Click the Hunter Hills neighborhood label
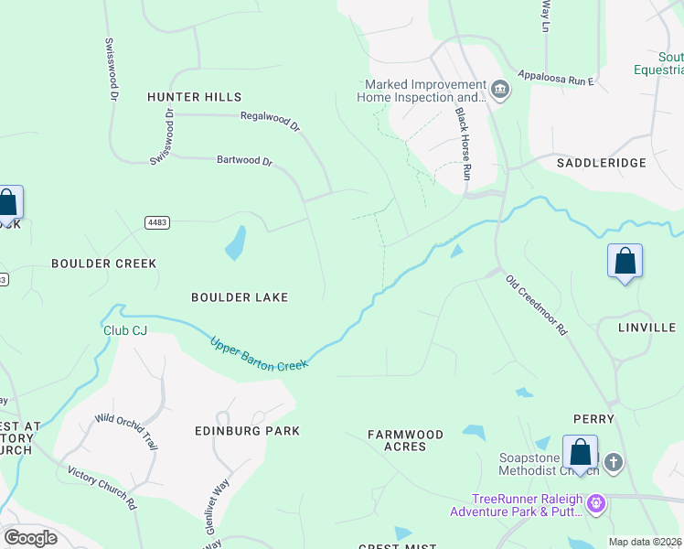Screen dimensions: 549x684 point(195,97)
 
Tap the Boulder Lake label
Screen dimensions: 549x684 point(240,297)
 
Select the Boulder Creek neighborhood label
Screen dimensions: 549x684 point(103,264)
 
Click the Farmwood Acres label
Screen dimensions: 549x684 point(405,440)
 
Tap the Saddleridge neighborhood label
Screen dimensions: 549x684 point(601,163)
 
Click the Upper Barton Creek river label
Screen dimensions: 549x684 point(260,353)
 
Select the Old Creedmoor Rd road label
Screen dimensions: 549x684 point(537,305)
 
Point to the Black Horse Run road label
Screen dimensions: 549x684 point(464,141)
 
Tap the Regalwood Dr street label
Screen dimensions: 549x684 point(271,121)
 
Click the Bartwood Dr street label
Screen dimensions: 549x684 point(244,161)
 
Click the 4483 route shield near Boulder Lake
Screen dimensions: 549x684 point(156,222)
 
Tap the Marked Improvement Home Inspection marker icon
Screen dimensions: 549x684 point(499,90)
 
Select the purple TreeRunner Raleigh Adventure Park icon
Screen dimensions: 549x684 point(596,503)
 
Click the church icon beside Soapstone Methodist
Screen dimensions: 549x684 point(613,463)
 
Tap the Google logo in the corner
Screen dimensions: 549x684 point(30,537)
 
